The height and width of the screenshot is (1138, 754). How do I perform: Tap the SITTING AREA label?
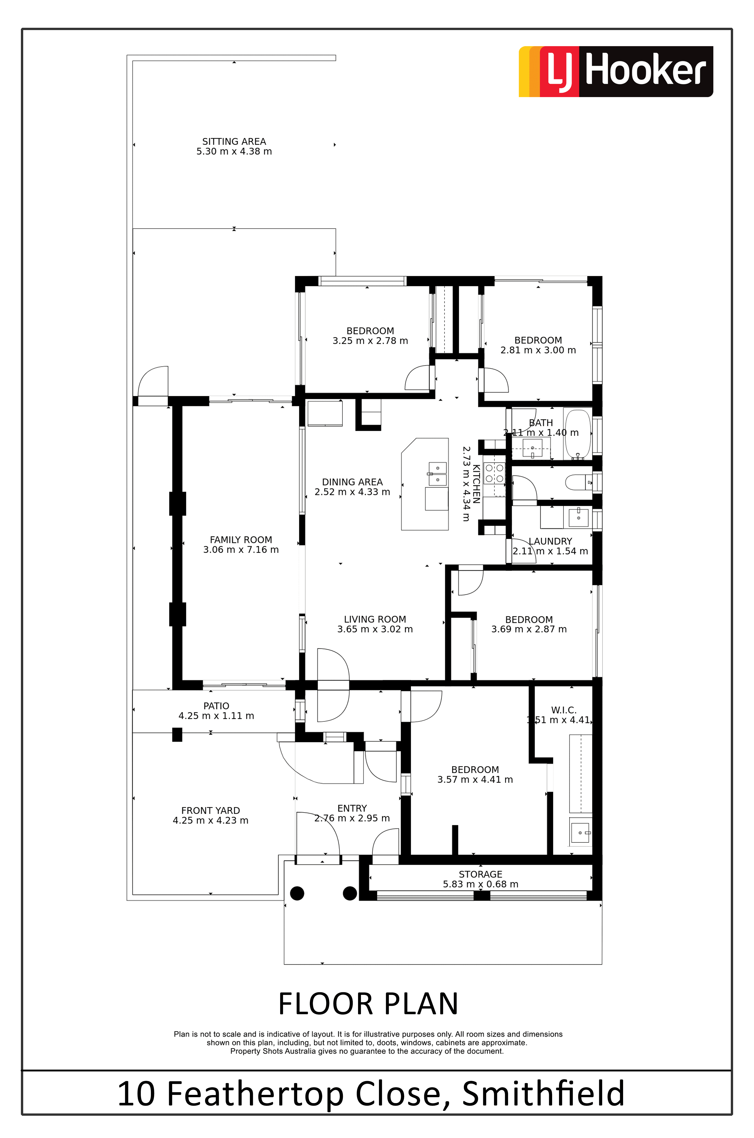pos(234,142)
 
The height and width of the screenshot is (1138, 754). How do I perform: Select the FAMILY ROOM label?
pos(241,540)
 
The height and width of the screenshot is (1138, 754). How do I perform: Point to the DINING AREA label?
pos(353,482)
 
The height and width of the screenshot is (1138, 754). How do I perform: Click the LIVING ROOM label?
pos(375,619)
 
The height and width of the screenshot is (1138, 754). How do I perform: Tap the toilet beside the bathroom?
pos(579,482)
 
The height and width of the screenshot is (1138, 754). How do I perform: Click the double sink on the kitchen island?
pos(438,473)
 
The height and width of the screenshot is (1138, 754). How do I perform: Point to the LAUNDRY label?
pos(551,542)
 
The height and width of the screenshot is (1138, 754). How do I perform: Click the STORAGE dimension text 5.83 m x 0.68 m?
pos(481,884)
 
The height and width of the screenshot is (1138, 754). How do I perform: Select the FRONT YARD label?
pos(211,811)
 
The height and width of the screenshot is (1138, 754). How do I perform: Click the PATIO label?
pos(216,706)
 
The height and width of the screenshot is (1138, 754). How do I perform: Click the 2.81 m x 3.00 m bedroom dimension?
pos(538,350)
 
